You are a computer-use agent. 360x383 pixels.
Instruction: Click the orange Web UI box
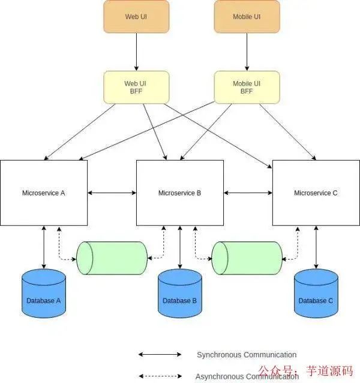pos(136,16)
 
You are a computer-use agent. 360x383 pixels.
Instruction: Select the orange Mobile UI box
pos(247,16)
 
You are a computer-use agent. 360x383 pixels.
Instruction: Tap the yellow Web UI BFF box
pos(136,87)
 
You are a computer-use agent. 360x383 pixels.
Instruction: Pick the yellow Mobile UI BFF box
pos(247,87)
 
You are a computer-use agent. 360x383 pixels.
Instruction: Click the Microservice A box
pos(44,193)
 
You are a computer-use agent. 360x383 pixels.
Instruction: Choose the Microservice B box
pos(180,193)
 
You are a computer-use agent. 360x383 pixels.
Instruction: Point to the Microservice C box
pos(316,193)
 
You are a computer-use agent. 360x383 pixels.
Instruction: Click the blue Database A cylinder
pos(44,294)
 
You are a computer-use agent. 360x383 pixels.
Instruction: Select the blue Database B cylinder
pos(180,294)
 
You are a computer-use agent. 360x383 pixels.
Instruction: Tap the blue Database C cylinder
pos(316,294)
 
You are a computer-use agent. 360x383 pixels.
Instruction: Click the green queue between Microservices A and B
pos(112,258)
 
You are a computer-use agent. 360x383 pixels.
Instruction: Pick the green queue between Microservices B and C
pos(247,258)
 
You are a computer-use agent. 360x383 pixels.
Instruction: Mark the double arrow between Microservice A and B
pos(112,193)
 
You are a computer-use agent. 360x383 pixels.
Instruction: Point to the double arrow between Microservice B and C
pos(248,193)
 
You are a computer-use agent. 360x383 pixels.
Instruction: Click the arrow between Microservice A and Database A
pos(44,247)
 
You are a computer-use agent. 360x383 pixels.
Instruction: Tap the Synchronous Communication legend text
pos(247,355)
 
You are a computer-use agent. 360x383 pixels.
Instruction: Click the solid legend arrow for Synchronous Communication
pos(160,355)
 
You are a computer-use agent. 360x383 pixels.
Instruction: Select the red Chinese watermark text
pos(305,372)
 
